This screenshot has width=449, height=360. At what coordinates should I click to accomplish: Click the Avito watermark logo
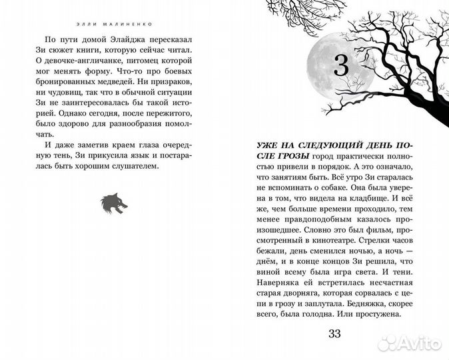click(409, 344)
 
